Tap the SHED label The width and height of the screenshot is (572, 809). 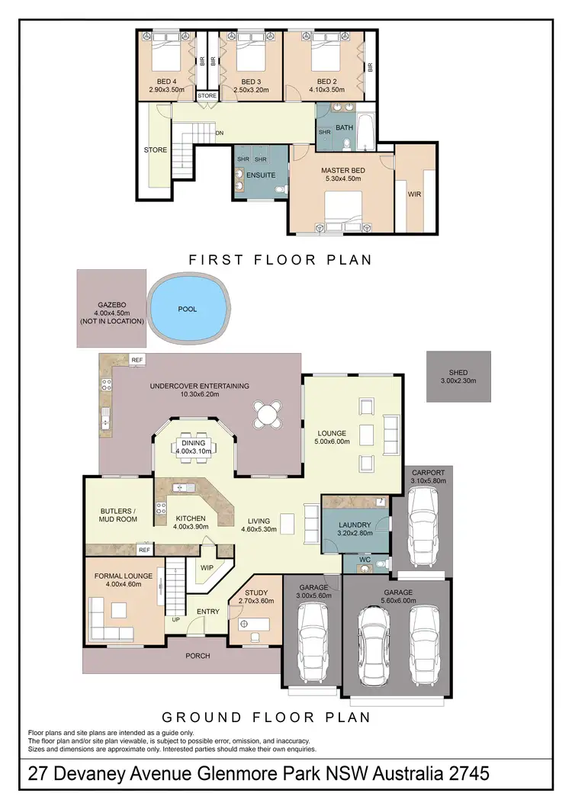tap(458, 373)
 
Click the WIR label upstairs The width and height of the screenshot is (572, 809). tap(415, 194)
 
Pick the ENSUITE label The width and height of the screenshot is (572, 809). tap(261, 175)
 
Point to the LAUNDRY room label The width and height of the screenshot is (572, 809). tap(355, 525)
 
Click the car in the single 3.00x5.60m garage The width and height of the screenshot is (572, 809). tap(311, 642)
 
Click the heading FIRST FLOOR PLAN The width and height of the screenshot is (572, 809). tap(280, 260)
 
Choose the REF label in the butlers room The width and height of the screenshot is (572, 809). tap(143, 548)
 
